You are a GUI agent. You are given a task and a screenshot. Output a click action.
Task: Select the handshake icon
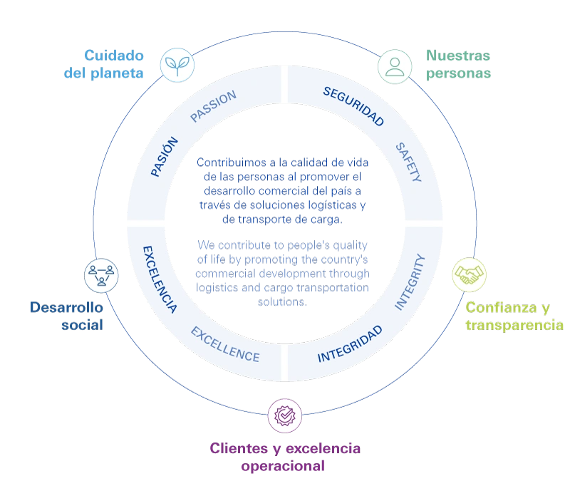tap(468, 274)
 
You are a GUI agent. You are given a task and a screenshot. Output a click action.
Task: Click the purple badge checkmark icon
tap(285, 413)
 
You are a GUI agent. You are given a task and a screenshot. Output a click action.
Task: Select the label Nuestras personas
tap(457, 64)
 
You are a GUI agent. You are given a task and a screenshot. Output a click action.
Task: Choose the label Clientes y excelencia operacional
tap(285, 458)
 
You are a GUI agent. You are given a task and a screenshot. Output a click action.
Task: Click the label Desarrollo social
tap(66, 316)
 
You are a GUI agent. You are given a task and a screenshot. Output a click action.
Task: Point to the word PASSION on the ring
tap(213, 106)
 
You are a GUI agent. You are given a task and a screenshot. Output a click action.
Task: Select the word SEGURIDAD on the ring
tap(353, 106)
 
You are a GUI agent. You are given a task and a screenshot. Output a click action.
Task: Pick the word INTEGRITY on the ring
tap(410, 281)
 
